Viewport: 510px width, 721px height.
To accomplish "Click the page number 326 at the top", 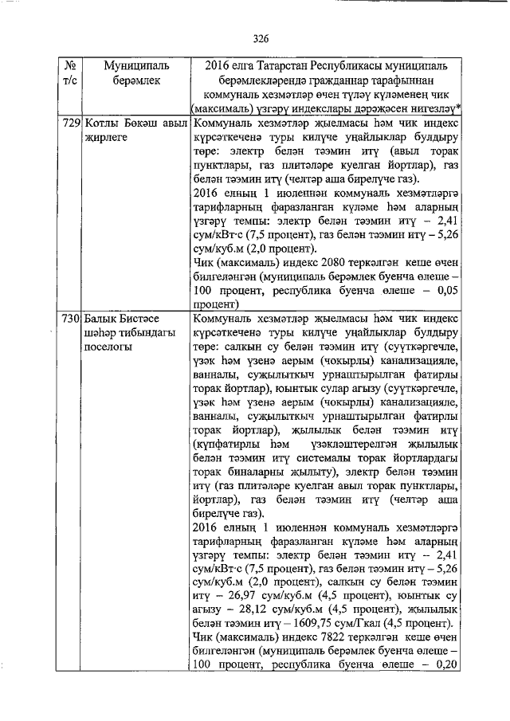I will point(260,37).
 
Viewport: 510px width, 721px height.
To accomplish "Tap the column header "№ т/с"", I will point(69,72).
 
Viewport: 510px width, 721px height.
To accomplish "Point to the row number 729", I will point(70,124).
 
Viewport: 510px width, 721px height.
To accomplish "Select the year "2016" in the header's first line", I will point(220,64).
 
